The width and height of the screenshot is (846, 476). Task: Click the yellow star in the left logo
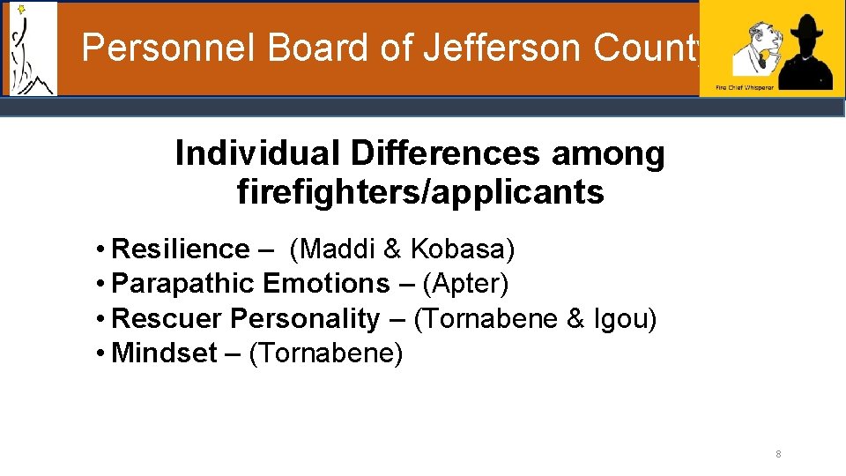coord(21,10)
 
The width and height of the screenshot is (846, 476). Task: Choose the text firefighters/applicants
coord(420,191)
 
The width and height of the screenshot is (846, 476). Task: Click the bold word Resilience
coord(181,249)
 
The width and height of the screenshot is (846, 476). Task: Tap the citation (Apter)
coord(466,284)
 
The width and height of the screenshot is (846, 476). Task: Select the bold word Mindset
coord(165,353)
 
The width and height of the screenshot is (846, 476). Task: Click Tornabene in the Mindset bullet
coord(326,353)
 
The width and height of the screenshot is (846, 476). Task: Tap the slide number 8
coord(778,455)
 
